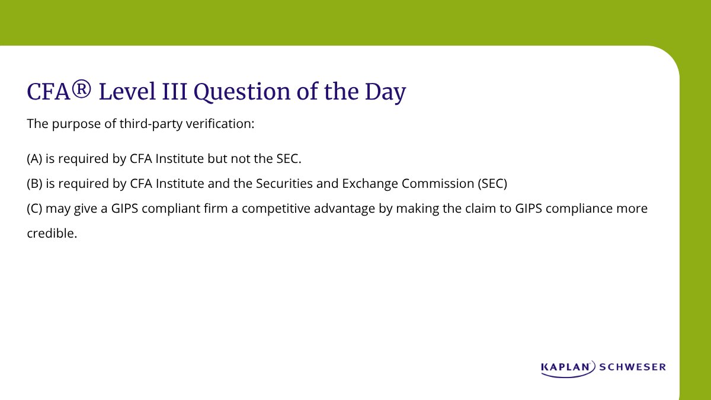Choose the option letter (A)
click(x=35, y=159)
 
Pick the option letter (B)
click(x=35, y=184)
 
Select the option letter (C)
click(x=35, y=209)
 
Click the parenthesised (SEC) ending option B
click(x=493, y=184)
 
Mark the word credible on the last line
click(x=52, y=233)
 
